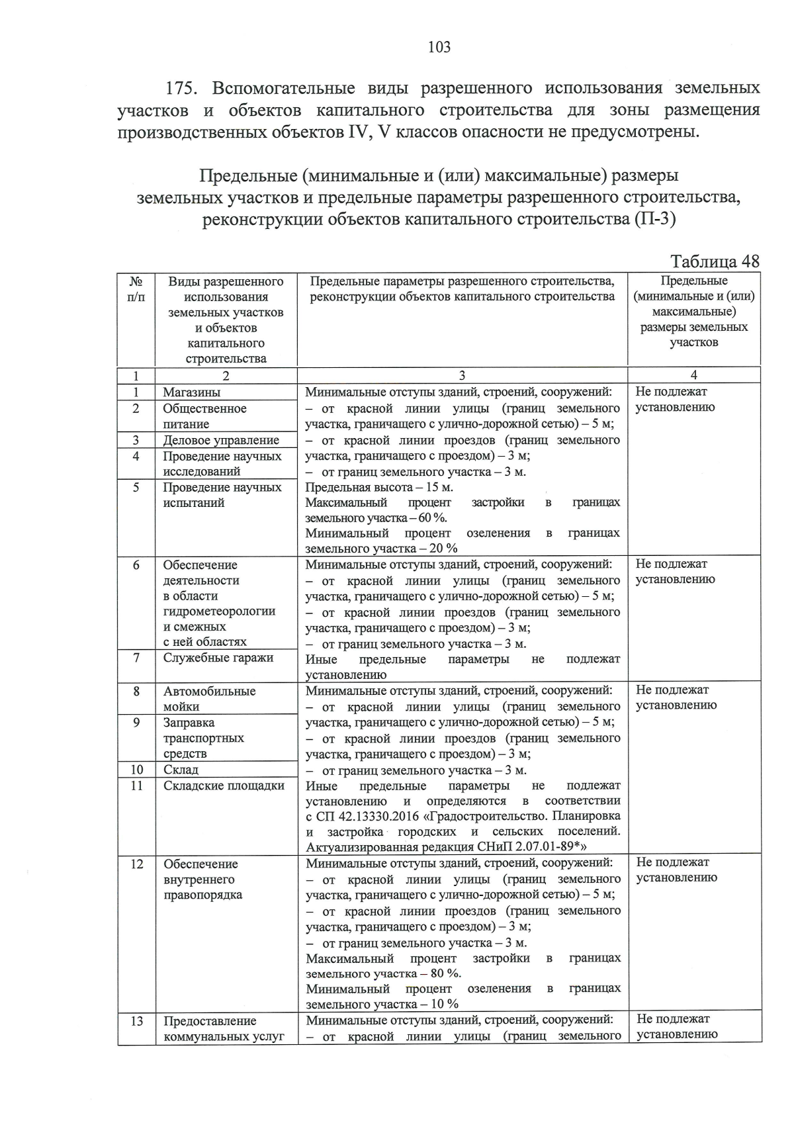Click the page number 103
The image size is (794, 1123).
(x=439, y=47)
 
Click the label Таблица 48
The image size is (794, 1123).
(x=715, y=261)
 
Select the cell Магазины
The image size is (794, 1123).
(x=192, y=392)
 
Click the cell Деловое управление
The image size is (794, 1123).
(x=221, y=440)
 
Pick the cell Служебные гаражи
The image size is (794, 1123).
(x=218, y=658)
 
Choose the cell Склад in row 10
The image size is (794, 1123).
(x=181, y=770)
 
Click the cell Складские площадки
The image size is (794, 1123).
(x=224, y=786)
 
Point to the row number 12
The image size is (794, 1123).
(x=136, y=864)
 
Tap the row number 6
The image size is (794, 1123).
(x=136, y=565)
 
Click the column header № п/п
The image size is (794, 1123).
(x=136, y=289)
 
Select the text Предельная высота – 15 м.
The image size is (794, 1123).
(x=379, y=488)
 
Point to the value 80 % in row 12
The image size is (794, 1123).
(x=447, y=974)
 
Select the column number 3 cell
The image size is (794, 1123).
(x=462, y=375)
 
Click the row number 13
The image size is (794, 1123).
(x=136, y=1021)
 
